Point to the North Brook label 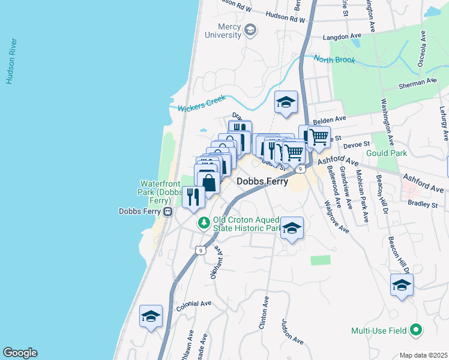coord(334,60)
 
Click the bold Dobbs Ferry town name coord(262,181)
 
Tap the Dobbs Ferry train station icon coord(169,211)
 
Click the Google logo coord(20,353)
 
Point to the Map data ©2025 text coord(423,355)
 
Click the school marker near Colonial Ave coord(151,316)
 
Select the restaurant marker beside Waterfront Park coord(193,196)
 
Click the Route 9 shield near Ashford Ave coord(299,170)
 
